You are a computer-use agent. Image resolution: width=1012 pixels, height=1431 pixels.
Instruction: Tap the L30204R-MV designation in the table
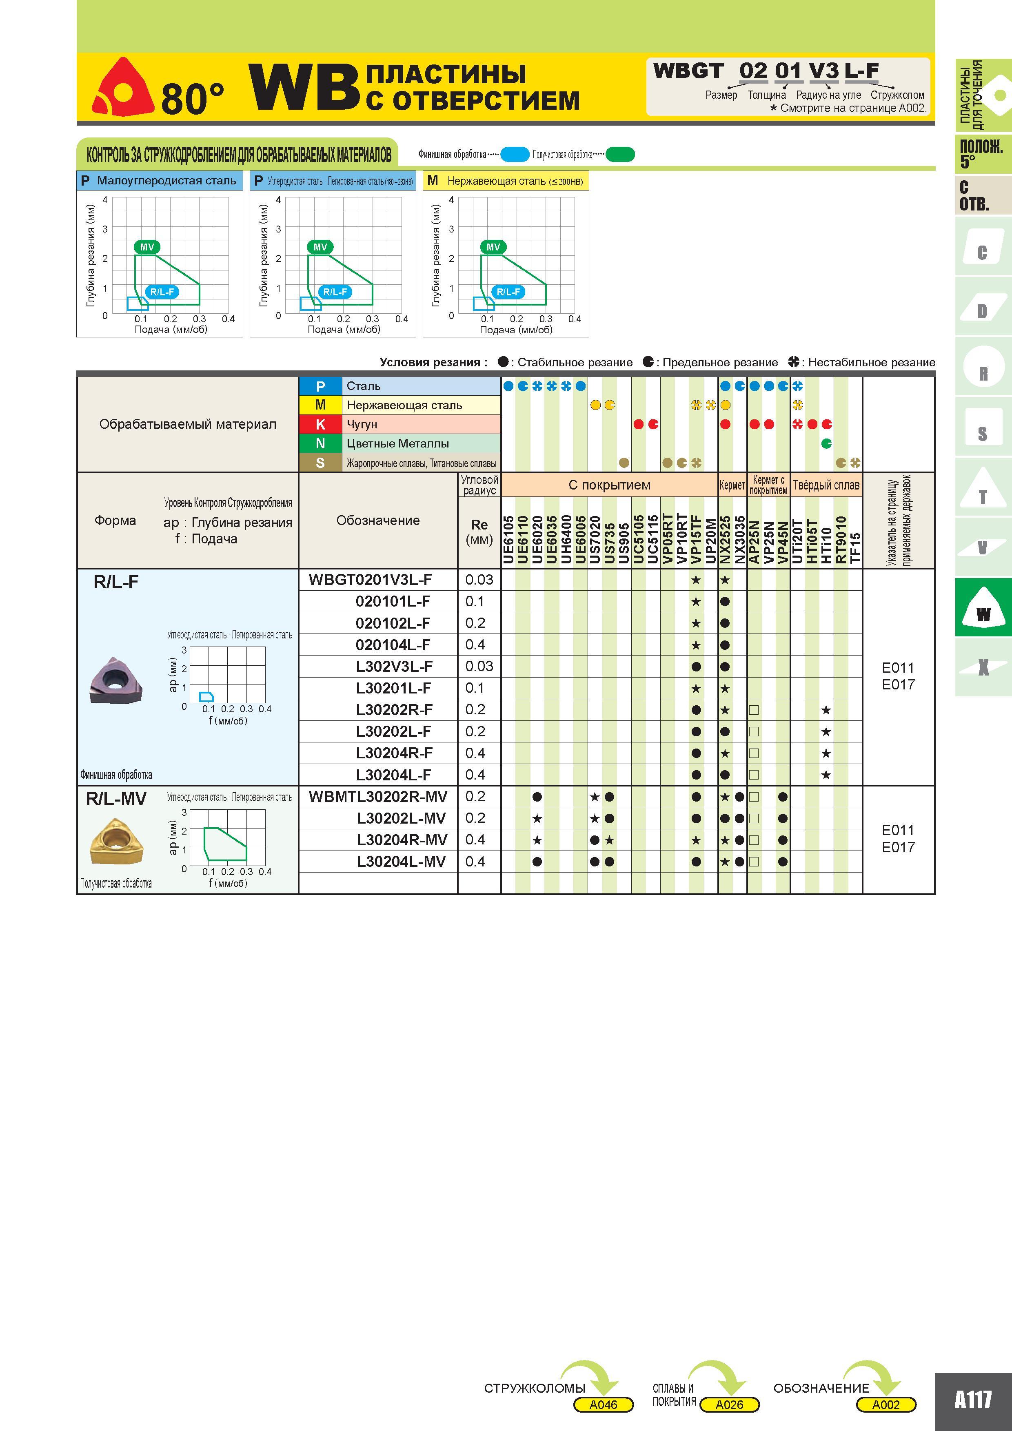pos(402,840)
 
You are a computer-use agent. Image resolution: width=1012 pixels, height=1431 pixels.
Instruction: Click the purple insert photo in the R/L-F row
pos(115,679)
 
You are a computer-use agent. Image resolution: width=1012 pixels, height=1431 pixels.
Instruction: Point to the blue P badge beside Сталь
pos(320,386)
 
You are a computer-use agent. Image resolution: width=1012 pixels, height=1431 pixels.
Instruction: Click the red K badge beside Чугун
pos(320,424)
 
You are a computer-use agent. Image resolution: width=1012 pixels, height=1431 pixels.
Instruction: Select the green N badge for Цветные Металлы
pos(320,443)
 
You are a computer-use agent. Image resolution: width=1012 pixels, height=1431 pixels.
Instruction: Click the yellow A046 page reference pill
pos(603,1404)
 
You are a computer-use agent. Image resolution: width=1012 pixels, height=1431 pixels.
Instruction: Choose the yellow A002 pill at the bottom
pos(885,1404)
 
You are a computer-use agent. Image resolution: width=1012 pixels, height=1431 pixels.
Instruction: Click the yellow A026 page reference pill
pos(730,1404)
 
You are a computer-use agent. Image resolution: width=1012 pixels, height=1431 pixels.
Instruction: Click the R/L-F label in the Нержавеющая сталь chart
pos(508,292)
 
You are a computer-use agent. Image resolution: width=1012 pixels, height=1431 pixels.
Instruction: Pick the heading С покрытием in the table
pos(609,485)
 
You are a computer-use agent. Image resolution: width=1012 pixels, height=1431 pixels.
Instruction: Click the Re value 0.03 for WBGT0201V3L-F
pos(479,580)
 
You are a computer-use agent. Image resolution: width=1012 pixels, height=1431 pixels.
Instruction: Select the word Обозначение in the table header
pos(378,521)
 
